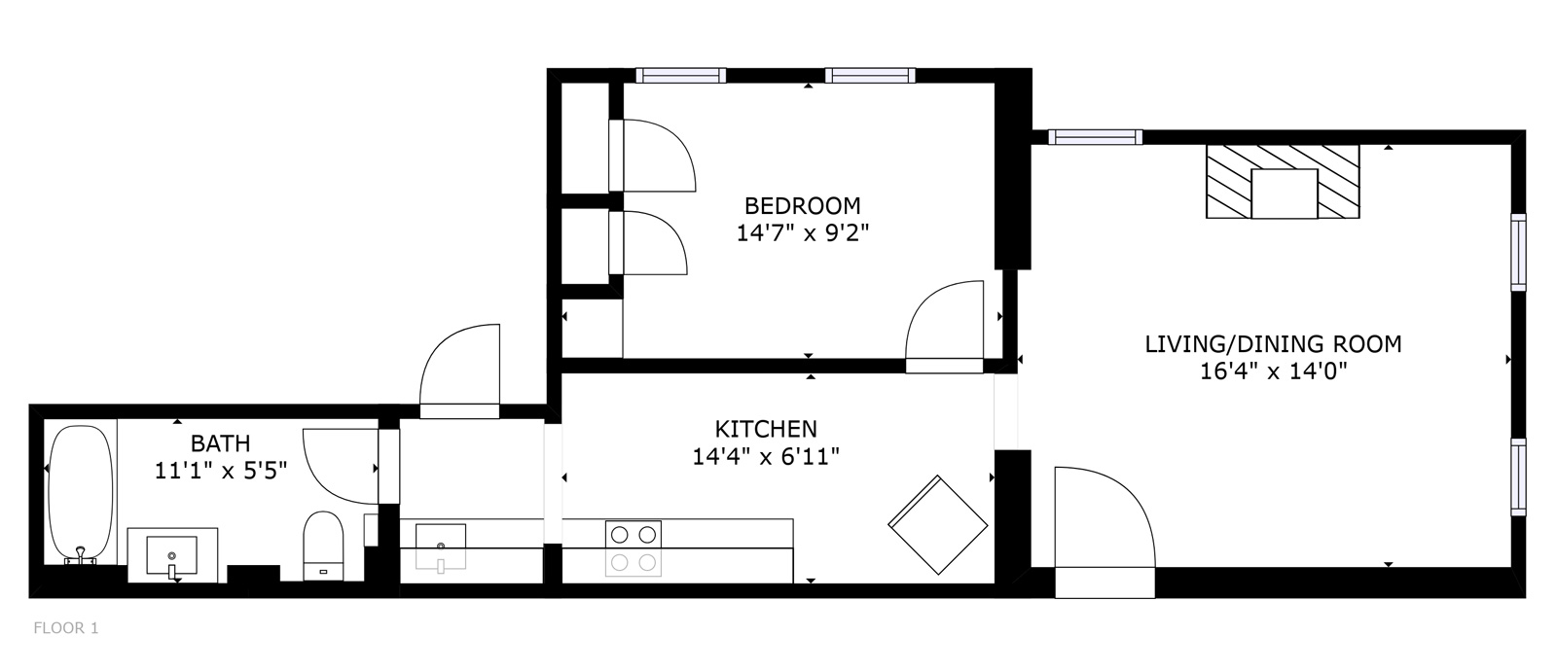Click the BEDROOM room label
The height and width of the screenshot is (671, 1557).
click(x=802, y=206)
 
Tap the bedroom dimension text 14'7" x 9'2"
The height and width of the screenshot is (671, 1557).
click(x=802, y=233)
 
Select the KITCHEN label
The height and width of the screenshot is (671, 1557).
click(x=766, y=429)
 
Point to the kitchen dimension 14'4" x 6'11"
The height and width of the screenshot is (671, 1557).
click(x=766, y=456)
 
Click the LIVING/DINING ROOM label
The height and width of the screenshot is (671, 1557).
click(x=1273, y=343)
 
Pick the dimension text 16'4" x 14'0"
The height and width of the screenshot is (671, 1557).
click(x=1273, y=371)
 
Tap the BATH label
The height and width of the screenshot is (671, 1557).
click(x=220, y=444)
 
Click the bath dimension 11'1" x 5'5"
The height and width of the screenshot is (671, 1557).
click(x=220, y=472)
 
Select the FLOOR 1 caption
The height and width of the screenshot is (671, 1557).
click(x=66, y=628)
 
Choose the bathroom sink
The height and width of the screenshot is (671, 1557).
click(x=172, y=554)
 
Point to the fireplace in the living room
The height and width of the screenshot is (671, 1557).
click(x=1283, y=182)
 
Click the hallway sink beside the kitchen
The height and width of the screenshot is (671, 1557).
click(x=441, y=545)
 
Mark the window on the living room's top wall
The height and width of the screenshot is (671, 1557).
click(x=1095, y=137)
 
